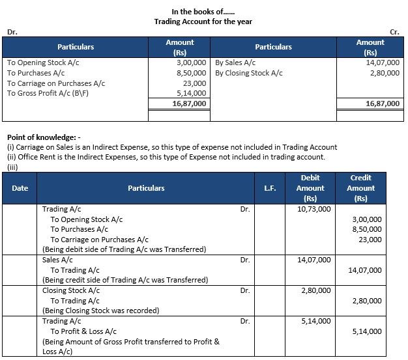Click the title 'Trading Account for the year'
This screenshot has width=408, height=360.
pos(203,21)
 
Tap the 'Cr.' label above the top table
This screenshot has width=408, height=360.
pos(394,31)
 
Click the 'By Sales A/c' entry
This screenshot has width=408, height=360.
pos(235,64)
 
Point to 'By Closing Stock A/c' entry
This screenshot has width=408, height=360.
pos(248,74)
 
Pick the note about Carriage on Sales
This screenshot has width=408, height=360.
pos(163,147)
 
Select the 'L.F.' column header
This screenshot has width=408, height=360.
pos(269,188)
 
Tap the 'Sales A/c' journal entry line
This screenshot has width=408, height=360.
pos(57,260)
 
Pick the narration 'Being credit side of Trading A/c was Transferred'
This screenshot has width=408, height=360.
pos(125,280)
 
